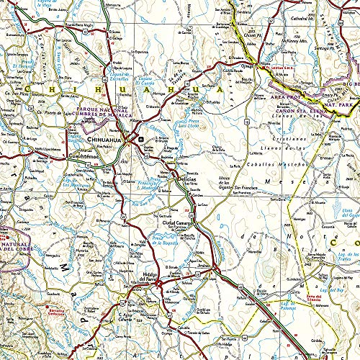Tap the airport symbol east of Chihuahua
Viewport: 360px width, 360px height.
tap(141, 139)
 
